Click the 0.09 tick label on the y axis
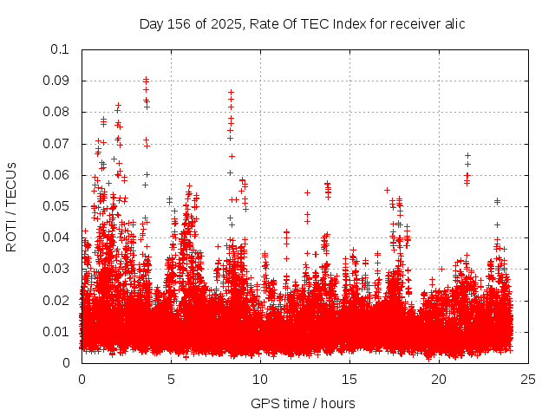pos(58,81)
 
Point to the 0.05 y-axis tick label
pos(58,206)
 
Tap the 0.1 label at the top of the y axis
pos(62,49)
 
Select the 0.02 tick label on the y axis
pos(58,300)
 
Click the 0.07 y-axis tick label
pos(58,144)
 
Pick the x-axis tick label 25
pos(528,380)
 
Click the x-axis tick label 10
pos(260,380)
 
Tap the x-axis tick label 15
pos(349,380)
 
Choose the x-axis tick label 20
pos(439,380)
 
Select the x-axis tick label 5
pos(171,380)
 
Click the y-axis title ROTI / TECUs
pos(12,206)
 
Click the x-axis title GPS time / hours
pos(303,403)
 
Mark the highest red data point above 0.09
pos(146,79)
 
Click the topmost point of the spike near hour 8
pos(231,92)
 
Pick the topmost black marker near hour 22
pos(467,155)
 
